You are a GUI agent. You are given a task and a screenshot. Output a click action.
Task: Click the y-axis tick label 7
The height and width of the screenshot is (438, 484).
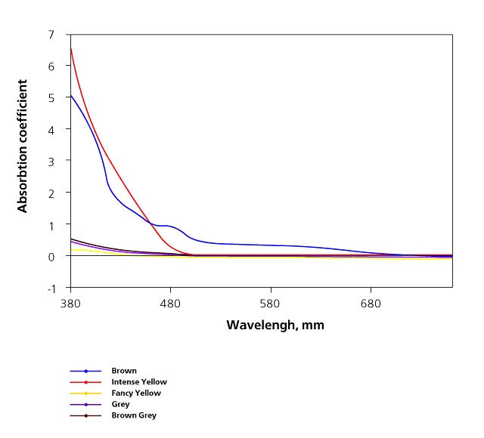pyautogui.click(x=51, y=35)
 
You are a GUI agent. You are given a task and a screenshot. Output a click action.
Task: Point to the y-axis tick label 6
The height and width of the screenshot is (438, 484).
pyautogui.click(x=51, y=66)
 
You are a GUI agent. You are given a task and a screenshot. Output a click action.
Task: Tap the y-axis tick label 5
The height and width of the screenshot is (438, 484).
pyautogui.click(x=51, y=98)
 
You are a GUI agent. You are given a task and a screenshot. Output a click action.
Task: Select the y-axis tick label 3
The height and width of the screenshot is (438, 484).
pyautogui.click(x=51, y=162)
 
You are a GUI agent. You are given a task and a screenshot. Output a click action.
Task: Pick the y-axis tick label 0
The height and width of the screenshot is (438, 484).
pyautogui.click(x=51, y=257)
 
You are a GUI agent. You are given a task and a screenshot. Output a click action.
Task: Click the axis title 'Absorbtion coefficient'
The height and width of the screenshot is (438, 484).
pyautogui.click(x=23, y=146)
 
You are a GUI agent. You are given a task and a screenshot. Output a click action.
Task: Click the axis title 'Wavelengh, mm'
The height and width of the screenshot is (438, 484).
pyautogui.click(x=275, y=325)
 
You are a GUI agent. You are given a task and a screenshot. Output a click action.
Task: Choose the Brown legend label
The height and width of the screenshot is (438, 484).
pyautogui.click(x=124, y=371)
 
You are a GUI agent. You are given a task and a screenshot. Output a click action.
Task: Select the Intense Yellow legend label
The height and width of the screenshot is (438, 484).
pyautogui.click(x=139, y=382)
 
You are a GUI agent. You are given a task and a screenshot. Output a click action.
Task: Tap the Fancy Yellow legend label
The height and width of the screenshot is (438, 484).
pyautogui.click(x=136, y=393)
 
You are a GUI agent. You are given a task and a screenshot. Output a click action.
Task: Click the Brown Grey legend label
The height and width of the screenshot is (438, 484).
pyautogui.click(x=134, y=415)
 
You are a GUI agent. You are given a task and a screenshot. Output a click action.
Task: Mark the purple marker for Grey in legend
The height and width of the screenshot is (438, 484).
pyautogui.click(x=85, y=405)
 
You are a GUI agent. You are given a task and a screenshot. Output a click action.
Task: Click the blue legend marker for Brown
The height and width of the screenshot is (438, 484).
pyautogui.click(x=85, y=371)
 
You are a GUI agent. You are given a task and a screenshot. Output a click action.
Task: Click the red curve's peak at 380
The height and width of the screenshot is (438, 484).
pyautogui.click(x=70, y=48)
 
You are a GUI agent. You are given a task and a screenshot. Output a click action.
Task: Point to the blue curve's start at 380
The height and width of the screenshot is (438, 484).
pyautogui.click(x=70, y=96)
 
